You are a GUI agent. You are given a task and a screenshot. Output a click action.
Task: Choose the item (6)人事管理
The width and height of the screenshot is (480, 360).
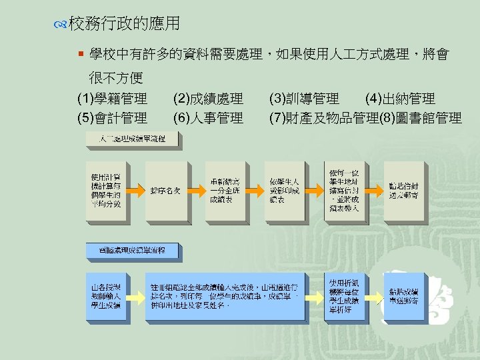point(208,119)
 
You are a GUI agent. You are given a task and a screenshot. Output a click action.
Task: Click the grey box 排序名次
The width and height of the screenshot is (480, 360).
point(165,189)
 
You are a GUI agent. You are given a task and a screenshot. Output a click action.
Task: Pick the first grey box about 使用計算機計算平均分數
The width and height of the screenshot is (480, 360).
point(106,189)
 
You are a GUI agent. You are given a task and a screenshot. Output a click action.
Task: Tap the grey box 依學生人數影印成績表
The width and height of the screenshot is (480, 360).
point(283,189)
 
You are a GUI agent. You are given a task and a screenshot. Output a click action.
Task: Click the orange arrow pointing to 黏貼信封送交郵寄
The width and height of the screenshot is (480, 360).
point(375,189)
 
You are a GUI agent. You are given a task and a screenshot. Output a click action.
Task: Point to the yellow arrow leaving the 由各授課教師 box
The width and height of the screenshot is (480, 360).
point(136,296)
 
